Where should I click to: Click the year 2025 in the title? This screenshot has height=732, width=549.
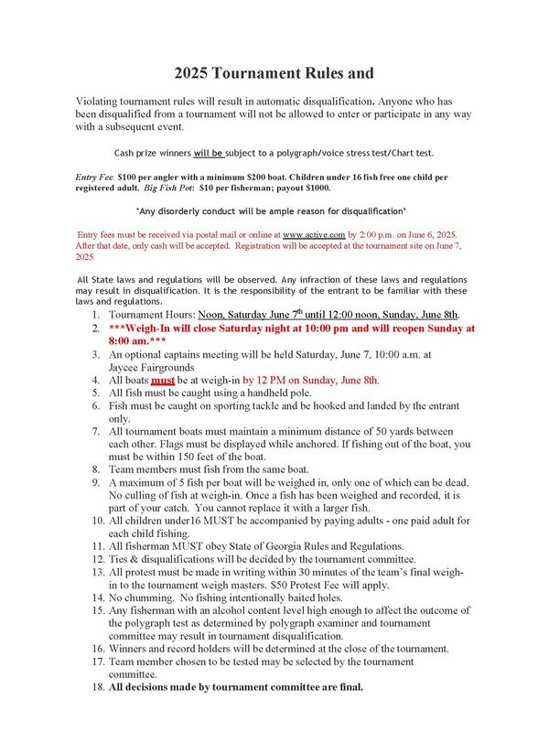click(x=197, y=72)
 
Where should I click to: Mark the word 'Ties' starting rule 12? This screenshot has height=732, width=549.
click(x=121, y=558)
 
